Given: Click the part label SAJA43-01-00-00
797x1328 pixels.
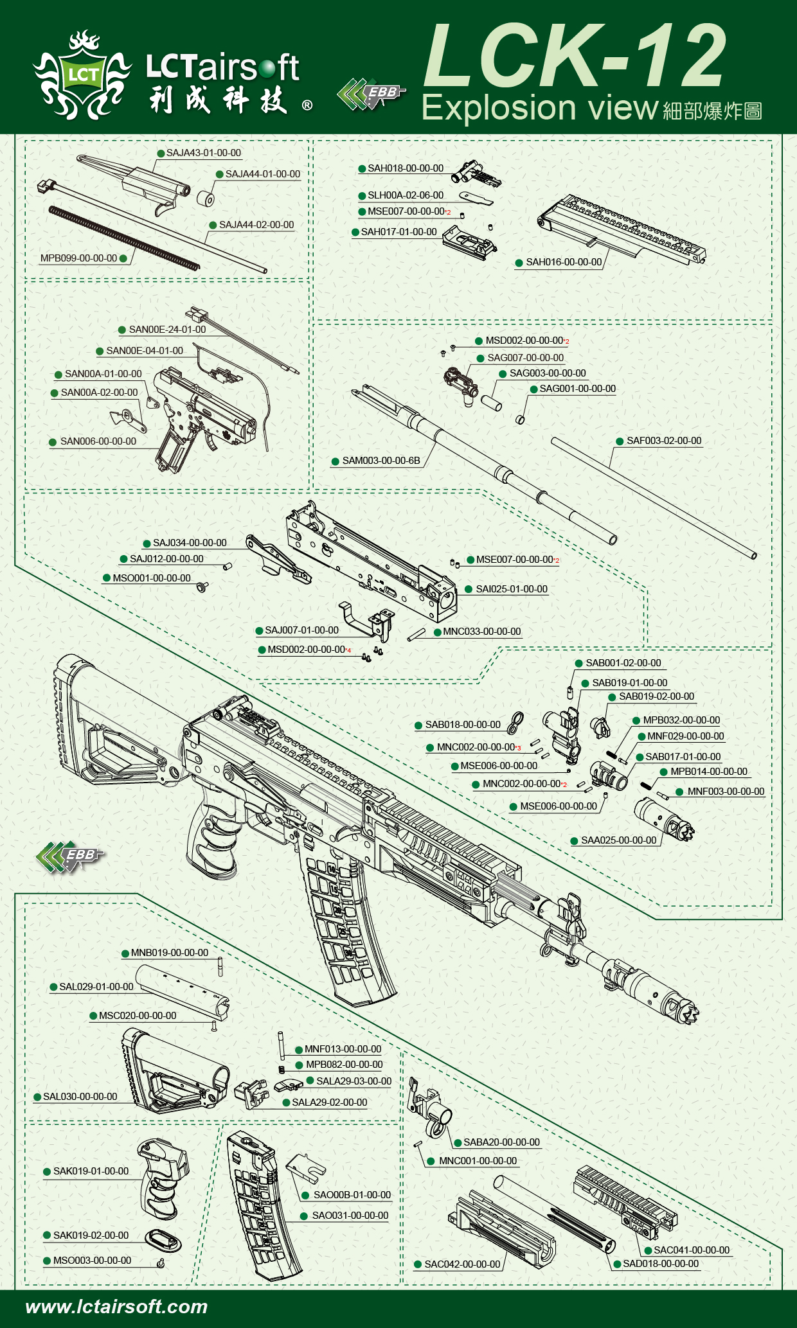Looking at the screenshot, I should click(203, 153).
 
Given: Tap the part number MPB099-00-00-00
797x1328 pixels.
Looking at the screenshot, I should click(78, 258).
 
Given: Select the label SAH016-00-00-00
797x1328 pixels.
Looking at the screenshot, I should click(564, 262).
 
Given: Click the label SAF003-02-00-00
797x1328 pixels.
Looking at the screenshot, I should click(663, 441).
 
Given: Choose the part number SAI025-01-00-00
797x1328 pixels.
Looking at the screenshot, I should click(511, 589).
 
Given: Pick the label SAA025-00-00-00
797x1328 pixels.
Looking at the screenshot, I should click(618, 840).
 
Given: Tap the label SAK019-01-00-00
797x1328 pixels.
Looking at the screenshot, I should click(91, 1171).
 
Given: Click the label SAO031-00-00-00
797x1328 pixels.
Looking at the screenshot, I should click(350, 1216).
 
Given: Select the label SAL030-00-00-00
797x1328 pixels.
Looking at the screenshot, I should click(80, 1097).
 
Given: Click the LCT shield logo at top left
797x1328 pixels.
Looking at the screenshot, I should click(84, 76).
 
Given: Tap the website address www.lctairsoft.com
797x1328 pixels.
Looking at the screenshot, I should click(116, 1307).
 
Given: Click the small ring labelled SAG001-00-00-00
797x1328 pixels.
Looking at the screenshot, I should click(521, 420).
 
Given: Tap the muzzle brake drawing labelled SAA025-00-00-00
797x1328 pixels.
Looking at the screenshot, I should click(665, 819).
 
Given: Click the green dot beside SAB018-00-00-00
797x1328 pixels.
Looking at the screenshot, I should click(418, 725).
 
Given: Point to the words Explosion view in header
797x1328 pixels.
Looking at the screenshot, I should click(539, 108).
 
